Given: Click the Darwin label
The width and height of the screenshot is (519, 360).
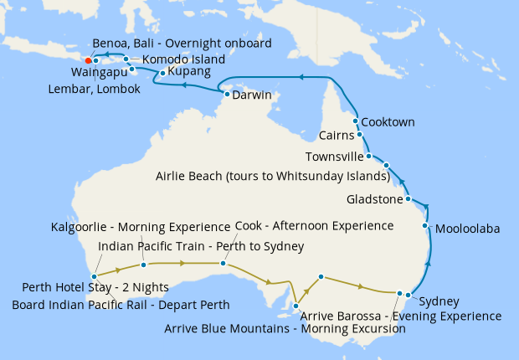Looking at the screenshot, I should point(251,95).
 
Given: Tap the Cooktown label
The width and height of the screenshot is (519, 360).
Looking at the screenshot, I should point(388,122).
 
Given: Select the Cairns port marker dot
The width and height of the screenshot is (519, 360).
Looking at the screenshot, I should point(360,134).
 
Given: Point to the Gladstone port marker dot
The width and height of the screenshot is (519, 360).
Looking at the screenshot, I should point(408,199).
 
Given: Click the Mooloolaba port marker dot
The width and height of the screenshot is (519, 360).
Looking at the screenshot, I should point(426,226).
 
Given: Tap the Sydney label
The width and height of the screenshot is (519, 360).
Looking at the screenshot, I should point(439,301).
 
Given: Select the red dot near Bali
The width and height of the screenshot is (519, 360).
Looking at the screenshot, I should point(88,60).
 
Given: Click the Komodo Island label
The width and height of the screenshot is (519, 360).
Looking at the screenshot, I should point(183,60).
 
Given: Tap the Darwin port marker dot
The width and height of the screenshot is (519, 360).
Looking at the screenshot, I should point(226,95).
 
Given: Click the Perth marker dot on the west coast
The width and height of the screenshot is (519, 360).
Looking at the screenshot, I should point(95,276).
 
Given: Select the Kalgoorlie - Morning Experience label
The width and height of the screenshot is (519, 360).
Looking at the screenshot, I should point(140,227).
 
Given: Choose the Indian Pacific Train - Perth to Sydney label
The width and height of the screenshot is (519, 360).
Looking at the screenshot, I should point(201,246).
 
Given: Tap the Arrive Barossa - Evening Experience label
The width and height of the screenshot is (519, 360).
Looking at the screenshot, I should point(400,316).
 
